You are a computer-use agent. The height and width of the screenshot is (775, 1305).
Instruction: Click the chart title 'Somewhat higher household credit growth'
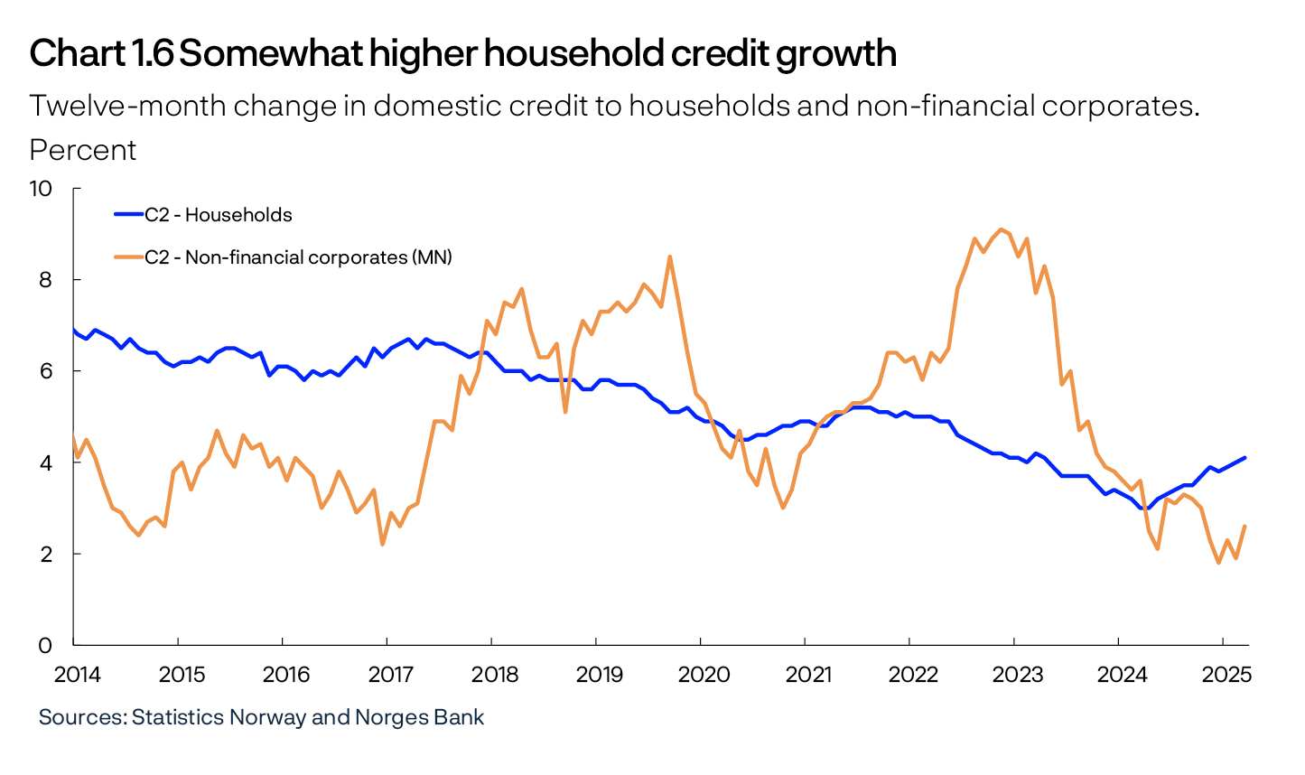(x=537, y=54)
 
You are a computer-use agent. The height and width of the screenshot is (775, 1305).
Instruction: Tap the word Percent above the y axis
(x=83, y=150)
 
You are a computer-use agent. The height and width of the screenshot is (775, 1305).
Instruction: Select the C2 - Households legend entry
(x=218, y=215)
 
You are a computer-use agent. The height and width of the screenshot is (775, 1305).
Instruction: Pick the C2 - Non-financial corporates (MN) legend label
(x=298, y=257)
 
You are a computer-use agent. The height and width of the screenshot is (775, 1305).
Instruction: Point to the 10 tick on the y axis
(x=42, y=189)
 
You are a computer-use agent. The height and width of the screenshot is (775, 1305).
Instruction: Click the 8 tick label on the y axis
(x=46, y=280)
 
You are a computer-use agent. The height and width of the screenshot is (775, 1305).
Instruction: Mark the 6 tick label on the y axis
(x=46, y=371)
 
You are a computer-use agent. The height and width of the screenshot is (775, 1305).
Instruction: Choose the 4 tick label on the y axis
(x=46, y=462)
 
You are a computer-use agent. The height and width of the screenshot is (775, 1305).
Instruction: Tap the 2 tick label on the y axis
(x=46, y=554)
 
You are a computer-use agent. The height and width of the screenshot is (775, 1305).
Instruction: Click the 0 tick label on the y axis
(x=46, y=645)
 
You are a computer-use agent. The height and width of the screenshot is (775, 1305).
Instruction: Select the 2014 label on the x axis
(x=78, y=675)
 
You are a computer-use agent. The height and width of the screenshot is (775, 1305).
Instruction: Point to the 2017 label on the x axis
(x=391, y=675)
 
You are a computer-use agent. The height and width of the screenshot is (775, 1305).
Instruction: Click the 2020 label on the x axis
(x=704, y=675)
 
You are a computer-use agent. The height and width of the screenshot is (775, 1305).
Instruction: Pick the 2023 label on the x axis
(x=1018, y=675)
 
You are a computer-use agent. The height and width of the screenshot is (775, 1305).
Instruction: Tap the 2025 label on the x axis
(x=1226, y=675)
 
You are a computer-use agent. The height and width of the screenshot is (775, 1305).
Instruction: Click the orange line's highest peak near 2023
(x=1001, y=229)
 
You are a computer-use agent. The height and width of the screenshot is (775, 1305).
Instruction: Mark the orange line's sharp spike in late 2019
(x=669, y=257)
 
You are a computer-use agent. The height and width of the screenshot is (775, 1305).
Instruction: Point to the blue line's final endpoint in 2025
(x=1245, y=458)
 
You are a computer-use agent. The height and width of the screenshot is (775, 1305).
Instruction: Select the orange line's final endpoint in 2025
(x=1245, y=526)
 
